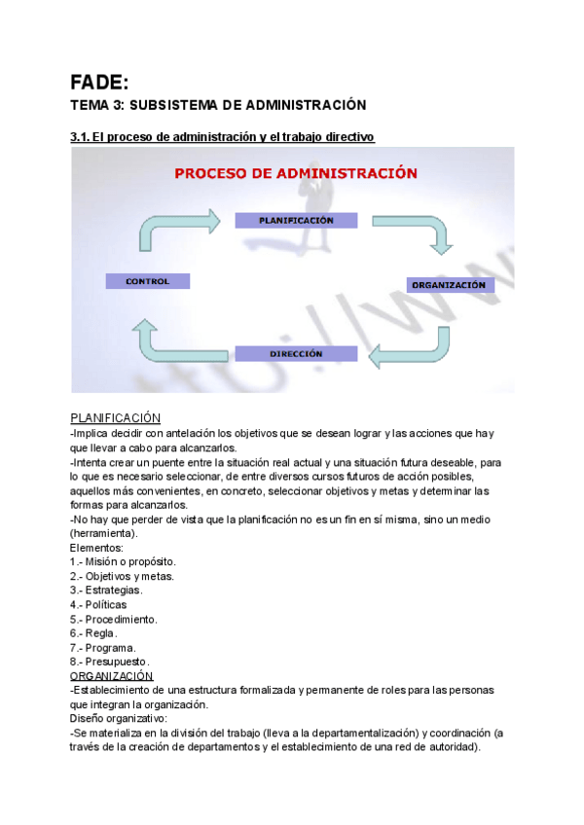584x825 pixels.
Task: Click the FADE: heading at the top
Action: tap(99, 82)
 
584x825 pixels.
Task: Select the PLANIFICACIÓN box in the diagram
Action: tap(296, 220)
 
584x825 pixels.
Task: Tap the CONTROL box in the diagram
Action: tap(147, 281)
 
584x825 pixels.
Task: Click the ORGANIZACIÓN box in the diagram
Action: tap(448, 285)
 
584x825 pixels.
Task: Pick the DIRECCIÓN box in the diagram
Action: tap(296, 354)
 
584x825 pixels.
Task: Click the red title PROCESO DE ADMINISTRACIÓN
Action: tap(296, 173)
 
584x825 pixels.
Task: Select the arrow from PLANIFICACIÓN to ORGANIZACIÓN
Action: tap(426, 231)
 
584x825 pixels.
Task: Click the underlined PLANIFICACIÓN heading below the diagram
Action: tap(115, 417)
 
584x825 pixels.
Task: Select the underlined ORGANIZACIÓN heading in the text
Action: tap(112, 675)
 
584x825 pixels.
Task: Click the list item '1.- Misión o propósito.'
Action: tap(123, 561)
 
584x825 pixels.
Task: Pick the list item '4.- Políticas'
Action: tap(98, 604)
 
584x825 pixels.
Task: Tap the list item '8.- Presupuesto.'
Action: tap(110, 662)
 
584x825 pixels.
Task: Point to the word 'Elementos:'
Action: tap(97, 548)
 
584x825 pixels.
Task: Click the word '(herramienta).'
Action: tap(104, 533)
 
